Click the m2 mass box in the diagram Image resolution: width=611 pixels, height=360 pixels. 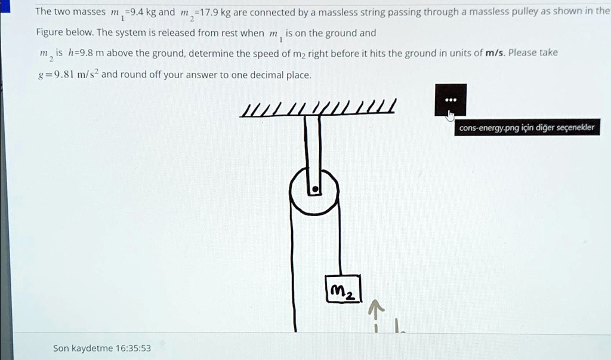coord(343,290)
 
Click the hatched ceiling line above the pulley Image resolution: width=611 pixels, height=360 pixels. coord(317,110)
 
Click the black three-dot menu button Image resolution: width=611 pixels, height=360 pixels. coord(451,100)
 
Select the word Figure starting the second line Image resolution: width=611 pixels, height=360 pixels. coord(49,33)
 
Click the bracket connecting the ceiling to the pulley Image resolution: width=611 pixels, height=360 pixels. coord(313,149)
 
